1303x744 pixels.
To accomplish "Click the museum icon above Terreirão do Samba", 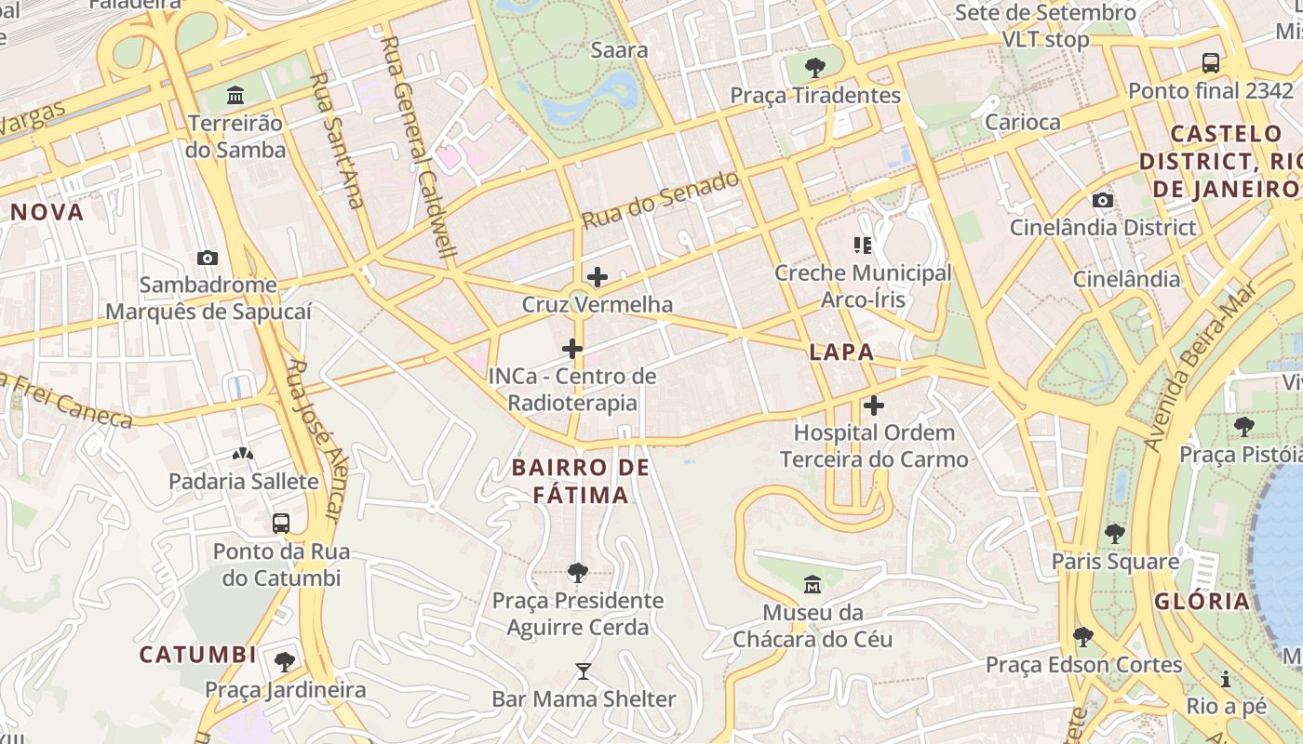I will coord(235,96).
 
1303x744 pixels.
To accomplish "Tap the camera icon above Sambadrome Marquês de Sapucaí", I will coord(208,258).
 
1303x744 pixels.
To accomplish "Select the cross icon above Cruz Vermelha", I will coord(598,277).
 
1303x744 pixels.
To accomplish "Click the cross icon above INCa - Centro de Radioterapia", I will coord(572,350).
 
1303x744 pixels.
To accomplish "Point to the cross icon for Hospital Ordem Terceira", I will coord(874,405).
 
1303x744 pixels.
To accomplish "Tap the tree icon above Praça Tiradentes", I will coord(815,68).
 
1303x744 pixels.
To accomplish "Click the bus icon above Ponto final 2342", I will coord(1211,63).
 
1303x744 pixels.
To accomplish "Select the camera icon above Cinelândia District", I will coord(1103,201).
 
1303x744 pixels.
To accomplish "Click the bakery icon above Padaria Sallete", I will coord(243,454).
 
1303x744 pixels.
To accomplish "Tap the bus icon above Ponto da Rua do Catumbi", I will coord(281,524).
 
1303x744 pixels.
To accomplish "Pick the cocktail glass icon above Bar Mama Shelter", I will coord(584,671).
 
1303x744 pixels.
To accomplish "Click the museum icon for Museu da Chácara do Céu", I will coord(813,585).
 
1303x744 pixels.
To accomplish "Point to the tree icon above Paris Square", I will coord(1115,534).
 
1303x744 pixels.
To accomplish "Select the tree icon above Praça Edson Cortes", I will coord(1083,637).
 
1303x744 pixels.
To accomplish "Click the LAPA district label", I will coord(841,352).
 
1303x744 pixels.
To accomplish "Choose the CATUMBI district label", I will coord(198,655).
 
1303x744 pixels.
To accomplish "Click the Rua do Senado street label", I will coord(660,200).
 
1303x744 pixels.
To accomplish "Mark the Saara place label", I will coord(619,50).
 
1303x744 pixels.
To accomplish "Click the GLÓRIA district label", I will coord(1202,601).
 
